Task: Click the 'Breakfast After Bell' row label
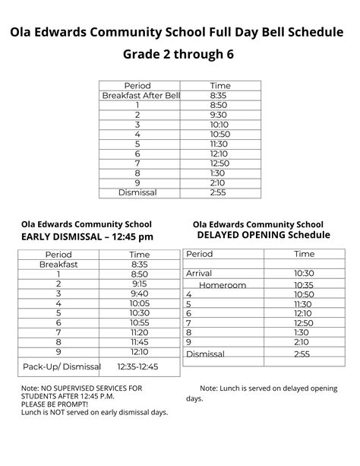tap(141, 96)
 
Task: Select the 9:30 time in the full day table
tap(219, 115)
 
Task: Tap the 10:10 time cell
tap(219, 125)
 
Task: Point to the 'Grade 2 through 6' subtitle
tap(180, 55)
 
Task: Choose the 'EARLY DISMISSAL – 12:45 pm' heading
tap(87, 236)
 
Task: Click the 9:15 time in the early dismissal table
tap(140, 284)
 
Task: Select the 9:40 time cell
tap(140, 293)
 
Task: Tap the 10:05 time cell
tap(140, 303)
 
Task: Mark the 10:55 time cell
tap(140, 322)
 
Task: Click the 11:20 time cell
tap(140, 332)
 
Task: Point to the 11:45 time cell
tap(140, 342)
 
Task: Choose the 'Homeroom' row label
tap(223, 285)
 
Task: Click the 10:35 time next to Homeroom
tap(304, 285)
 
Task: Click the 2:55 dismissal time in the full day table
tap(219, 193)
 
